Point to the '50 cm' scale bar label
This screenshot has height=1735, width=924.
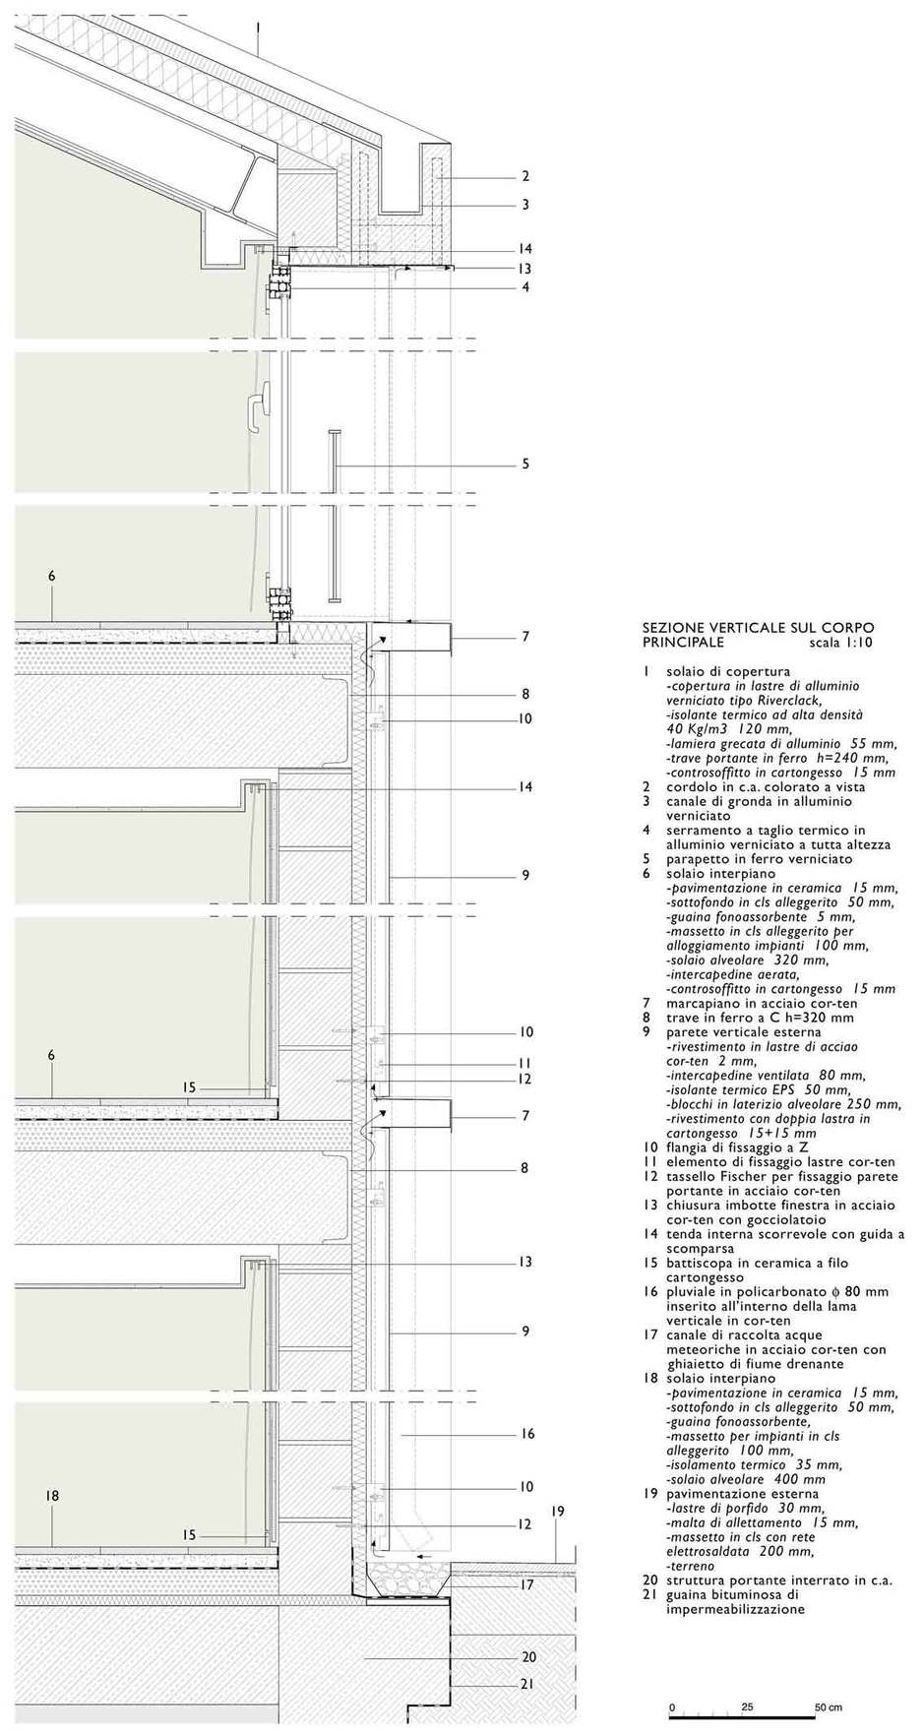click(x=828, y=1706)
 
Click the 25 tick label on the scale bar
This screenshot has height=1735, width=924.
click(x=748, y=1706)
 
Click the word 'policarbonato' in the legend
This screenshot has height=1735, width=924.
click(x=799, y=1291)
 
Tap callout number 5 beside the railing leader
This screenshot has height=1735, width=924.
click(x=525, y=464)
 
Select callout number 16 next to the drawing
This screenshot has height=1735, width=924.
click(x=527, y=1433)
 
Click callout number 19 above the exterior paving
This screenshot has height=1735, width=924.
click(x=558, y=1510)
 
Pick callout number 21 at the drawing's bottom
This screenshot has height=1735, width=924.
click(x=526, y=1684)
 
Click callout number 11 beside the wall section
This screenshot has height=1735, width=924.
click(x=526, y=1063)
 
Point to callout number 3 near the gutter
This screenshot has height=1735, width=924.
click(x=525, y=205)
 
